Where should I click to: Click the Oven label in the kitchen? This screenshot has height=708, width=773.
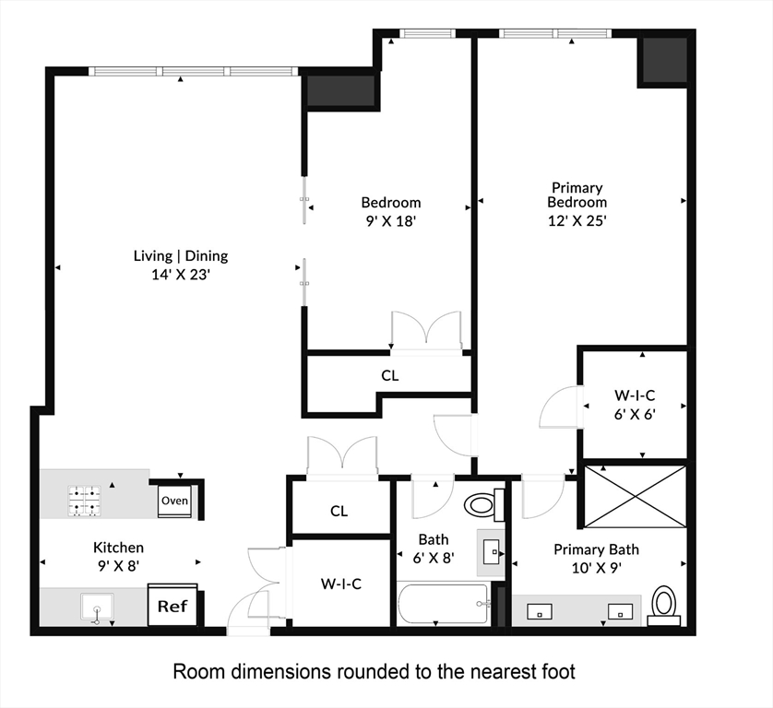click(175, 501)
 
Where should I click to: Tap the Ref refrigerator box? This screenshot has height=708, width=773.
click(172, 607)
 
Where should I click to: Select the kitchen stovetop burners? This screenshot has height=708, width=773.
click(85, 500)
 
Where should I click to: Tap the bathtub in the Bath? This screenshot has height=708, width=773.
click(442, 605)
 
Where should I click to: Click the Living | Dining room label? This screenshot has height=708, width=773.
click(181, 256)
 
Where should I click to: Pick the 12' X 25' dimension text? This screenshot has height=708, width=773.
click(577, 220)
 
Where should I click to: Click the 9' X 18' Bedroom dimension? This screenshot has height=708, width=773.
click(390, 220)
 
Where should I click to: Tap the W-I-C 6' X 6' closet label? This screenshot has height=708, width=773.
click(634, 405)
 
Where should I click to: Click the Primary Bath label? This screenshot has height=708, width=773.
click(596, 549)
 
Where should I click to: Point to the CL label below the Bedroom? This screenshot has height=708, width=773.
click(390, 375)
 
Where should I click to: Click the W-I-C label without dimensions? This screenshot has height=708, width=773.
click(339, 583)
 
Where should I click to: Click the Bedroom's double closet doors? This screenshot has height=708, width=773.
click(425, 332)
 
